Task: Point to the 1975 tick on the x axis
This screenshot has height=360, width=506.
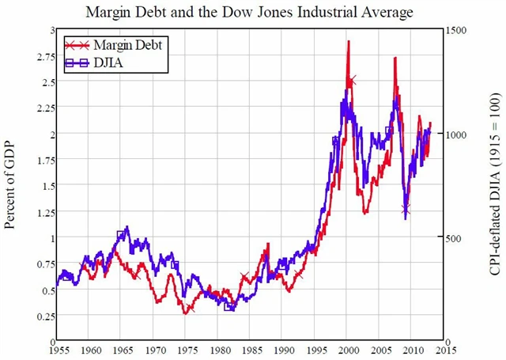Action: coord(187,349)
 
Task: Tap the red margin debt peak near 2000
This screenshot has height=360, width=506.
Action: coord(348,40)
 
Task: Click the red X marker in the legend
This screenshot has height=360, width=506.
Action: coord(76,44)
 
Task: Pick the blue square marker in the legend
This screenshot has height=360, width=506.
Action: coord(76,62)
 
